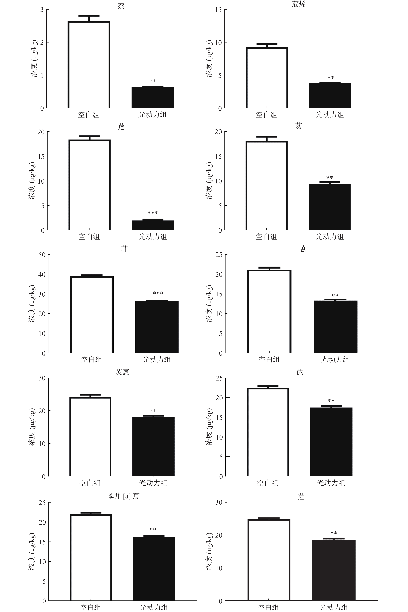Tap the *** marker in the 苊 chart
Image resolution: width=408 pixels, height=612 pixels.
(153, 213)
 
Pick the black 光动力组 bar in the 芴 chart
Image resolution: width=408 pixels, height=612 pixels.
(330, 207)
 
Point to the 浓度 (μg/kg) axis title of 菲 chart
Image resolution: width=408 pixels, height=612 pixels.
(32, 304)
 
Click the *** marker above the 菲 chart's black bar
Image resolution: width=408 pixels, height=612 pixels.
(158, 293)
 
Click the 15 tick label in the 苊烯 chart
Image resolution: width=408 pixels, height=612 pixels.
(218, 10)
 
